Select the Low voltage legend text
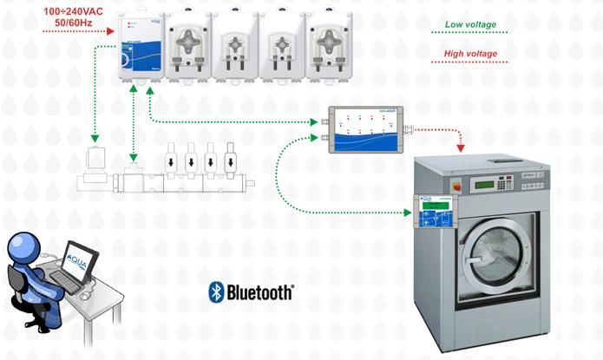point(470,24)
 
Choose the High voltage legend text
point(470,54)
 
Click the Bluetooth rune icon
point(216,292)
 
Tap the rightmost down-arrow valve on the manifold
point(231,160)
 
